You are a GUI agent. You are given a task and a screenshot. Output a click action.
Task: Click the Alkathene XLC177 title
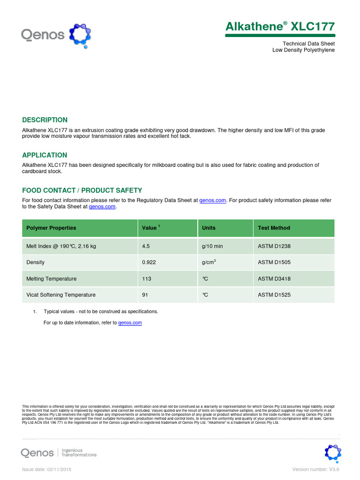click(x=280, y=26)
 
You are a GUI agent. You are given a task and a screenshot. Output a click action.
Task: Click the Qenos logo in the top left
click(x=56, y=35)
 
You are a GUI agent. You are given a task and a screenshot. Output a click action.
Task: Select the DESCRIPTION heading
click(x=45, y=120)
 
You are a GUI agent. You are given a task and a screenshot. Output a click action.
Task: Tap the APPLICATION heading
click(x=45, y=155)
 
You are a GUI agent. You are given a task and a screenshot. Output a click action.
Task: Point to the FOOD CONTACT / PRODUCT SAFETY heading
click(x=82, y=190)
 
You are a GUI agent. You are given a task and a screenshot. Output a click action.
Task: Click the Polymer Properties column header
click(x=51, y=228)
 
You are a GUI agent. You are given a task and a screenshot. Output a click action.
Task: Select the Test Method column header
click(x=274, y=228)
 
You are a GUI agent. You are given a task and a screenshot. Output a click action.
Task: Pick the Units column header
click(x=209, y=228)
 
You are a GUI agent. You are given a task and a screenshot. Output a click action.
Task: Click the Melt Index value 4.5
click(x=146, y=246)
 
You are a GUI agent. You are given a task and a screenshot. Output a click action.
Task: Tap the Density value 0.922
click(x=149, y=262)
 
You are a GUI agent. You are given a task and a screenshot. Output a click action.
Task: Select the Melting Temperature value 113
click(x=147, y=278)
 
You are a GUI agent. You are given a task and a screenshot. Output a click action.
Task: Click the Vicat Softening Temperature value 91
click(x=145, y=295)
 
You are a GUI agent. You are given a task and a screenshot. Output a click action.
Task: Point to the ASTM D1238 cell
click(x=274, y=246)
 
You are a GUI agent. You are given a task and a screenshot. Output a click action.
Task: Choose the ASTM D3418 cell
click(x=274, y=278)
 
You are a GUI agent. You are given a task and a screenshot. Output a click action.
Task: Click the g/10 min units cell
click(x=212, y=246)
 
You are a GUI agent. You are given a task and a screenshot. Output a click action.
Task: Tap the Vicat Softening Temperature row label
click(x=61, y=295)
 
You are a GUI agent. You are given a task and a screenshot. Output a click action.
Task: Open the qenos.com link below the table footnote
click(x=130, y=322)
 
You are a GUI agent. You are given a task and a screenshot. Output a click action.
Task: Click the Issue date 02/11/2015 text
click(x=47, y=469)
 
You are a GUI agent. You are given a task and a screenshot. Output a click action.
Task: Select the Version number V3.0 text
click(x=315, y=469)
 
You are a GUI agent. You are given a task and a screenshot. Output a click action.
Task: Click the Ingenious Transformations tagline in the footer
click(x=79, y=452)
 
